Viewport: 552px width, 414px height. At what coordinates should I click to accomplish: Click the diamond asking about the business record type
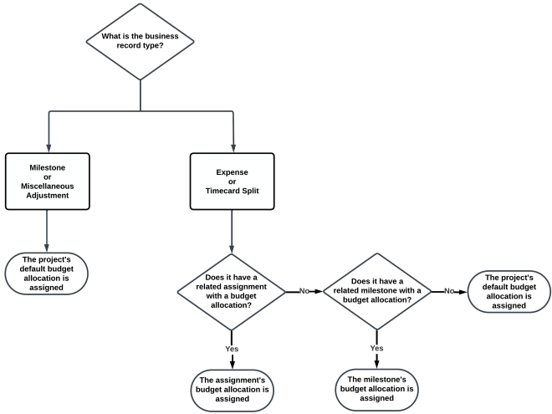(141, 41)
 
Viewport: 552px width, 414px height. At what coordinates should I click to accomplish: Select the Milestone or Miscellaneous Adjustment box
(47, 181)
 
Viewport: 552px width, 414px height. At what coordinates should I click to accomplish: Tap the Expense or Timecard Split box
(233, 181)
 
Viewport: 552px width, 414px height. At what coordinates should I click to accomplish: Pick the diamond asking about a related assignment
(233, 290)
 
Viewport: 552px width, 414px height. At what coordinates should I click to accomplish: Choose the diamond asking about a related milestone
(377, 290)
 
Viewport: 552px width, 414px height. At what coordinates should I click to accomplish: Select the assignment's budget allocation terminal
(232, 389)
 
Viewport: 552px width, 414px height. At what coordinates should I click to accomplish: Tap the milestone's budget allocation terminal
(376, 389)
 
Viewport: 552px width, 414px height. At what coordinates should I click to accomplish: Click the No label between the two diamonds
(304, 291)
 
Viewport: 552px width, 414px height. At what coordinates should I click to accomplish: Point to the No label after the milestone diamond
(449, 291)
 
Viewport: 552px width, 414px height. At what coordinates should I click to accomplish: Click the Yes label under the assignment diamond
(233, 347)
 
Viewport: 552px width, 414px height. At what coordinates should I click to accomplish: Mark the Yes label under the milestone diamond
(377, 347)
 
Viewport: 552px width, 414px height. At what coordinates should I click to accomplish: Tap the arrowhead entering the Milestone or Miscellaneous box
(47, 148)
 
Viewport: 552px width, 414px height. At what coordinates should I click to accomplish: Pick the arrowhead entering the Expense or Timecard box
(233, 148)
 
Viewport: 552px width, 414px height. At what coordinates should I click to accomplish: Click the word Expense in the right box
(233, 171)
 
